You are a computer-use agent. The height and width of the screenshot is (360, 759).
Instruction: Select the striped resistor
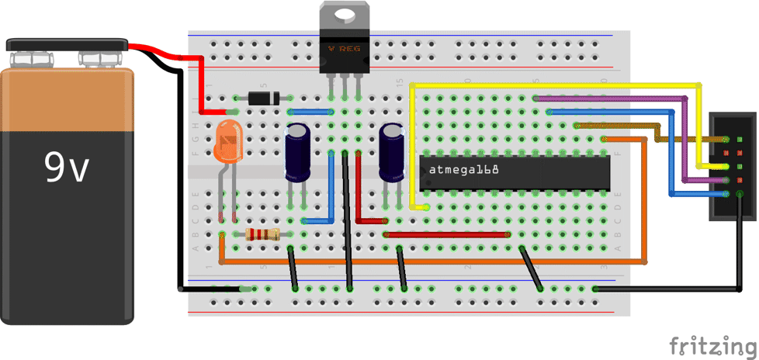tap(262, 234)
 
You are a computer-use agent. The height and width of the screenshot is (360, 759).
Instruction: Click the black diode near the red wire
tap(262, 98)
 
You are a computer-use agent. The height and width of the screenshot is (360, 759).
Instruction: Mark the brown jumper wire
tap(621, 125)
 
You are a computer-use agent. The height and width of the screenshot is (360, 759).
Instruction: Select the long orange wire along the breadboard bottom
tap(435, 261)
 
